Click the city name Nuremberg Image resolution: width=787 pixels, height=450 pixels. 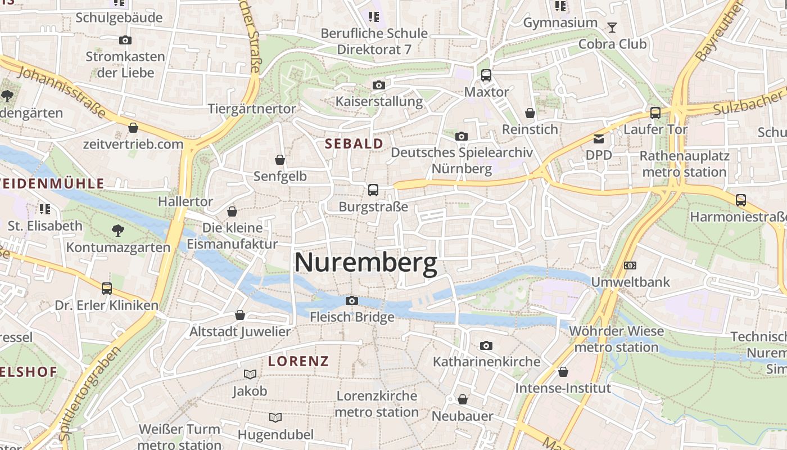click(x=365, y=263)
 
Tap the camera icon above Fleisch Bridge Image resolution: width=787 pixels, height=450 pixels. click(x=352, y=301)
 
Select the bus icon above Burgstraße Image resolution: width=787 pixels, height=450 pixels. click(x=373, y=190)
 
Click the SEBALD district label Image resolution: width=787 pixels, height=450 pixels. click(x=354, y=143)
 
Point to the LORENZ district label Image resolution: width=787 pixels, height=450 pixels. click(x=298, y=361)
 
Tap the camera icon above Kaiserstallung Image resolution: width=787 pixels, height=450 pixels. click(x=379, y=85)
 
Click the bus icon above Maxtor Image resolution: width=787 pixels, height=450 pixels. click(x=486, y=75)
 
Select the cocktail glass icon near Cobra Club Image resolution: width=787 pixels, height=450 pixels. click(x=612, y=27)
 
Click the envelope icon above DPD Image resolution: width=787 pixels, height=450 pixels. click(x=599, y=138)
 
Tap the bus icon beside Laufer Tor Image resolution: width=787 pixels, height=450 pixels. click(x=655, y=113)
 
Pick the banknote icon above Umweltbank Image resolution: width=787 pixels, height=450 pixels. click(x=630, y=265)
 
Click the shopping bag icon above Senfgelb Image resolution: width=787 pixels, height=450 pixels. click(x=280, y=160)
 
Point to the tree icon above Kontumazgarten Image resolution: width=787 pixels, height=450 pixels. click(x=118, y=230)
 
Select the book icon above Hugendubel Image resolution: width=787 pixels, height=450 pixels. click(x=275, y=417)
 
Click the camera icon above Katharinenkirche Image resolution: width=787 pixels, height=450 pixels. click(x=486, y=345)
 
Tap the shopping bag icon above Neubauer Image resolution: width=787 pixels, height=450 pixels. click(x=463, y=399)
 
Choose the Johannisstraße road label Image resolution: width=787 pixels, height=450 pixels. click(x=62, y=92)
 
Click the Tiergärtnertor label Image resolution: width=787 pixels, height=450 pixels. click(x=252, y=109)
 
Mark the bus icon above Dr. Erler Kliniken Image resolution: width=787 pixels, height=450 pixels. click(x=107, y=289)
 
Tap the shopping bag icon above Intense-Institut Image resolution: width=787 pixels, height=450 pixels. click(x=563, y=372)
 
